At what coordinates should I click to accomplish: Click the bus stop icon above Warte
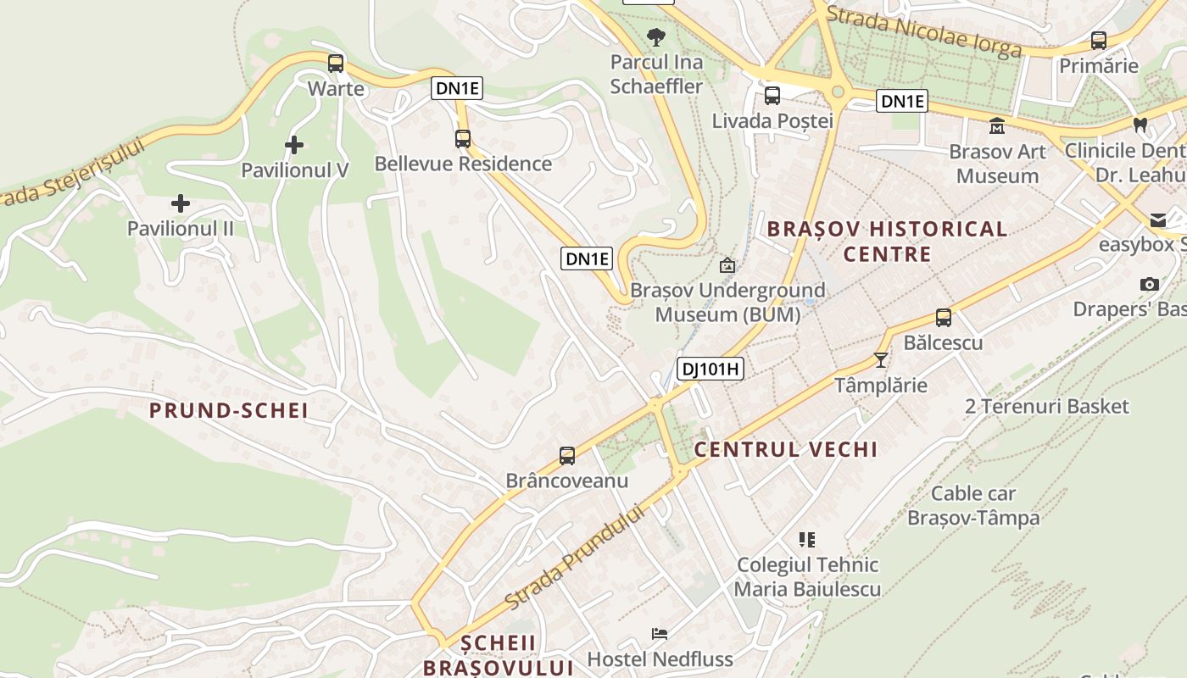click(336, 63)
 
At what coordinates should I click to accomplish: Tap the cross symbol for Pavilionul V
click(294, 145)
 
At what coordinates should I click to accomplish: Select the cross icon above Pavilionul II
click(180, 203)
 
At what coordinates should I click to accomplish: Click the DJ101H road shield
click(710, 368)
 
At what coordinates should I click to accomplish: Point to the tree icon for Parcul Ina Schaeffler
click(656, 36)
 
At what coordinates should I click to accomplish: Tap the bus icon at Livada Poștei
click(772, 95)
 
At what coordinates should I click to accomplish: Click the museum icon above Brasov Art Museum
click(996, 126)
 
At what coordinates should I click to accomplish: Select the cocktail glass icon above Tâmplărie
click(881, 360)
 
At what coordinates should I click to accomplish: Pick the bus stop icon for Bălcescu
click(943, 318)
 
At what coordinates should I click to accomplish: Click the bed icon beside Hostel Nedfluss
click(659, 634)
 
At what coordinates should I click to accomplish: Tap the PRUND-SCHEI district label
click(228, 411)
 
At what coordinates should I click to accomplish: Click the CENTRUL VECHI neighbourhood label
click(786, 449)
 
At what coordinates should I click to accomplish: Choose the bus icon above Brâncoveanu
click(567, 456)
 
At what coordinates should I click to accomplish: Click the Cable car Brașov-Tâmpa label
click(973, 505)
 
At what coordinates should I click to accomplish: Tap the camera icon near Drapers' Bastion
click(1150, 284)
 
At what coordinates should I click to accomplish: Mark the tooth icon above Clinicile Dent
click(1140, 125)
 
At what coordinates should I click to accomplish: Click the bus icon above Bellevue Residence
click(463, 138)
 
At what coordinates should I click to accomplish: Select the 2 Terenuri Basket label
click(1047, 407)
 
